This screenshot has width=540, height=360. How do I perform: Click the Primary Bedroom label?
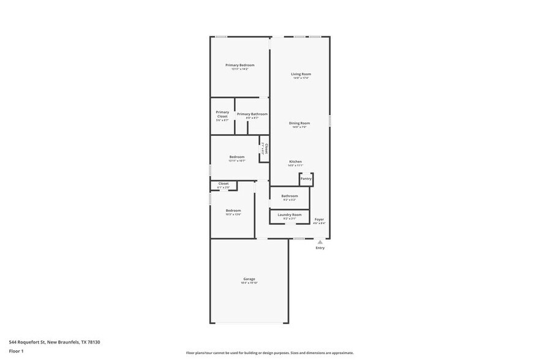239,65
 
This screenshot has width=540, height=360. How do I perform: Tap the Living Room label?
301,74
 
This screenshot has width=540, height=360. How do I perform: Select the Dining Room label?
299,123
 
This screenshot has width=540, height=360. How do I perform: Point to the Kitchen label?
295,162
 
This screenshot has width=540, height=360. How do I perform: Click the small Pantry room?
306,179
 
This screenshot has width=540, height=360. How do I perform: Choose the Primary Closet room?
222,116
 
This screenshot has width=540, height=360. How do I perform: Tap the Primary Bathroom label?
252,114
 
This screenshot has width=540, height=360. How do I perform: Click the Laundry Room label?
290,215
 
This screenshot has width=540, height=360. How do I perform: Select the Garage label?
249,279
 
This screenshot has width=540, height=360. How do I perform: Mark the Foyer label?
319,219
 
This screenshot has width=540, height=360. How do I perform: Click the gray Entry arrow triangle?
320,242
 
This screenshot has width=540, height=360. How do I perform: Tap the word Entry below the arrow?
320,248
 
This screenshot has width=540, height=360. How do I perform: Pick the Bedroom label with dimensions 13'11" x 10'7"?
237,157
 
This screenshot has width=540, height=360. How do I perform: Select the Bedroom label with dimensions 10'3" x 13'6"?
233,211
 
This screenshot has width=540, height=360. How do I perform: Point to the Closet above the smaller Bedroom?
223,184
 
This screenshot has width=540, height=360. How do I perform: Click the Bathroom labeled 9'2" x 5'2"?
290,196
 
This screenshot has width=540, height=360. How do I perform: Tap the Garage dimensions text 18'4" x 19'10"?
249,283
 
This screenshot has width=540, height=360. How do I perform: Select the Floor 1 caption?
16,351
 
